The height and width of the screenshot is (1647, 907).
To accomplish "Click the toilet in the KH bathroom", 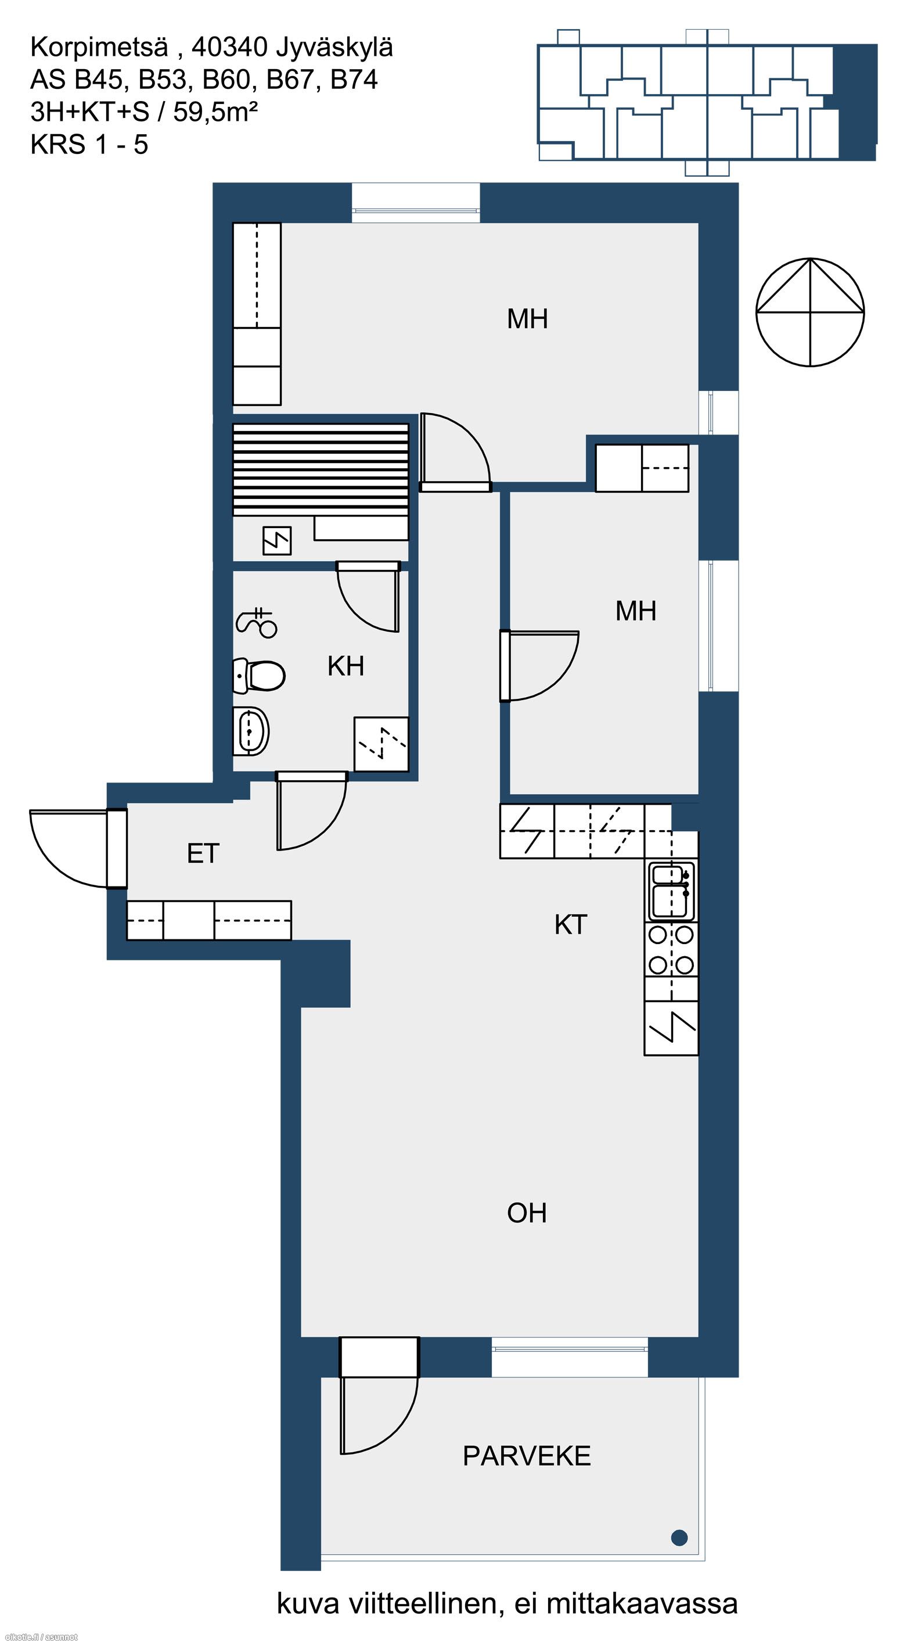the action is pyautogui.click(x=258, y=675).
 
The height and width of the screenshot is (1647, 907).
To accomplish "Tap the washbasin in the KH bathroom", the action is pyautogui.click(x=251, y=731).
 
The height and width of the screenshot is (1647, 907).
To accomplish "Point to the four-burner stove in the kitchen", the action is pyautogui.click(x=671, y=949).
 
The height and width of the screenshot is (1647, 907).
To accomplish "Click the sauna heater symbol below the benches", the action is pyautogui.click(x=278, y=540).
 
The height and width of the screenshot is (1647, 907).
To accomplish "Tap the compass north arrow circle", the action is pyautogui.click(x=810, y=312).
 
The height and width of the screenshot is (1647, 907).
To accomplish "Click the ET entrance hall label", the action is pyautogui.click(x=203, y=853).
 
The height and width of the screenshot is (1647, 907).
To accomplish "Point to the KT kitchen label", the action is pyautogui.click(x=570, y=924).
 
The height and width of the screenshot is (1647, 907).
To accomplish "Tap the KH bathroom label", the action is pyautogui.click(x=346, y=666).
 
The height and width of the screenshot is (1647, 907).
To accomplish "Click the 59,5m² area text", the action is pyautogui.click(x=215, y=113).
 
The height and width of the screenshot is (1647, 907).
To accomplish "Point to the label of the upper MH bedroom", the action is pyautogui.click(x=527, y=318).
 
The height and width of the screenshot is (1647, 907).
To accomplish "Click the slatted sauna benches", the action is pyautogui.click(x=320, y=470).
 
